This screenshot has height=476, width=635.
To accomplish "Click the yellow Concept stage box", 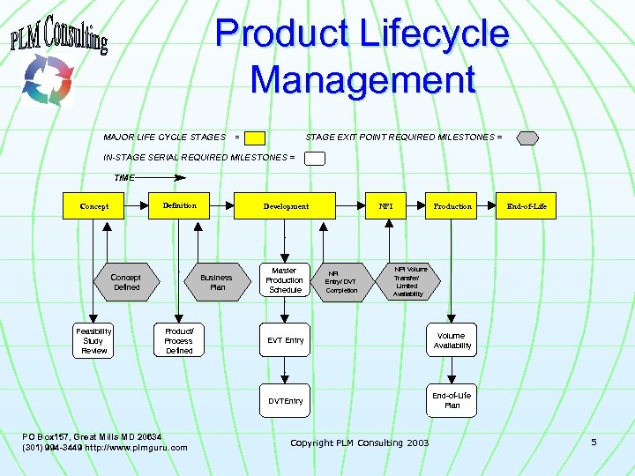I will (94, 206).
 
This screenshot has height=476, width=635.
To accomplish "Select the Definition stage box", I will (179, 205).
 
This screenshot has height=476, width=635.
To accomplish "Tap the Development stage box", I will (286, 206).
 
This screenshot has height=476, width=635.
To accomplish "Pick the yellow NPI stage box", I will (385, 206).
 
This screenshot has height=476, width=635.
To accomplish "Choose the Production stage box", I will (452, 206).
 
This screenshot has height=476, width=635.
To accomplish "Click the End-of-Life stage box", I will (527, 206).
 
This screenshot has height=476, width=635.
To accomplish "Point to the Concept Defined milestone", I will (126, 282).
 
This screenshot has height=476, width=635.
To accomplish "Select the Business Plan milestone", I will (216, 282).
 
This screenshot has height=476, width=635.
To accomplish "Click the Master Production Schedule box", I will (284, 280).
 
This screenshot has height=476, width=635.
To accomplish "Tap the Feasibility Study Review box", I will (93, 340).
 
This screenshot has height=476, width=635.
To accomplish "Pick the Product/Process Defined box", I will (178, 340).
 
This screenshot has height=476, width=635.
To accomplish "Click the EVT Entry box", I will (285, 340).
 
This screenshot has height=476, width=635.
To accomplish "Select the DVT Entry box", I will (285, 401).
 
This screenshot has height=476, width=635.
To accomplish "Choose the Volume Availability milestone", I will (452, 340).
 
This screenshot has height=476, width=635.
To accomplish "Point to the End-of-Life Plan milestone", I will (452, 400).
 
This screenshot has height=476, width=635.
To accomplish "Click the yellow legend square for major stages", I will (255, 138).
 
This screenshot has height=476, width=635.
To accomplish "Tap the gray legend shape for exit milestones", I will (527, 138).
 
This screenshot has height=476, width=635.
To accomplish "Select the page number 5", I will (594, 442).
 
